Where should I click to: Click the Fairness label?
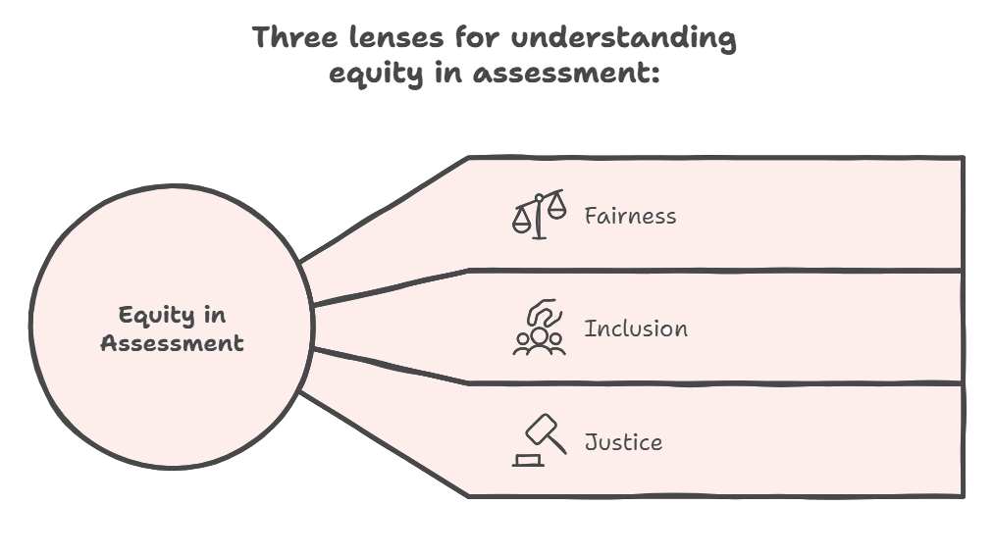point(630,216)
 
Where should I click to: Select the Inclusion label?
point(636,329)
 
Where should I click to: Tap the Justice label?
point(623,442)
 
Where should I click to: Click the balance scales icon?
point(539,215)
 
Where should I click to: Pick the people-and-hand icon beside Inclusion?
point(539,328)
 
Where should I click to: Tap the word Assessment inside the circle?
point(172,343)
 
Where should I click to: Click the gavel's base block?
point(528,460)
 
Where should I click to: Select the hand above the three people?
point(542,312)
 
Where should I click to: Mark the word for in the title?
point(476,38)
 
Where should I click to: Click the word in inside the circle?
point(214,316)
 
